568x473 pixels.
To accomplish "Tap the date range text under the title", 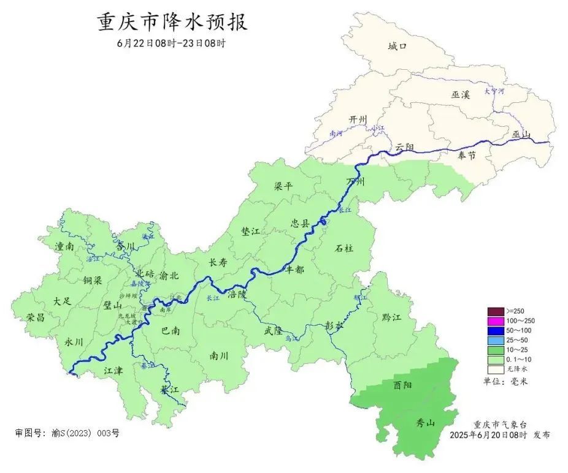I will coord(171,44).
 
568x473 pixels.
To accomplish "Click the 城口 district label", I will coord(397,46).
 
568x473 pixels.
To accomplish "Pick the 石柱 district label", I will coord(343,249).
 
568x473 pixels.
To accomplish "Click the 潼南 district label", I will coord(64,246).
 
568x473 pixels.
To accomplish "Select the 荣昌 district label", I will coord(36,317).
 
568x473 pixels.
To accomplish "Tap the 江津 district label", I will coord(113,371).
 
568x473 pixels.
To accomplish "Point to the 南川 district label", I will coord(218,355).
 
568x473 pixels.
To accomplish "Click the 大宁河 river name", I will coord(494,91).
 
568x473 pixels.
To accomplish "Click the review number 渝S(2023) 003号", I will coord(85,433).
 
